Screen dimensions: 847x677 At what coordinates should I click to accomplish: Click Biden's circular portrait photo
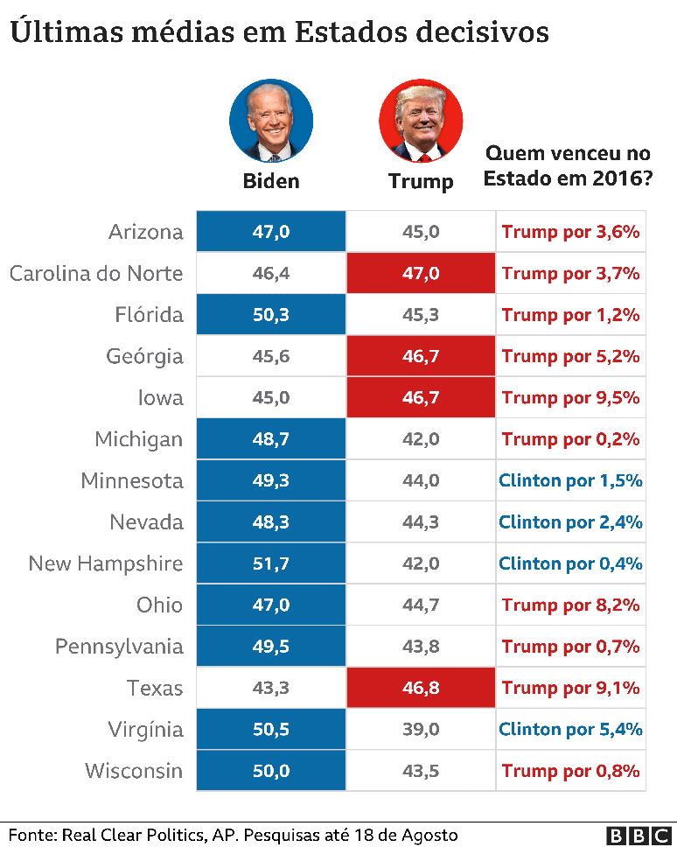(x=271, y=121)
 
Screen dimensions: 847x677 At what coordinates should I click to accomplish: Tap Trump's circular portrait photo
(x=421, y=121)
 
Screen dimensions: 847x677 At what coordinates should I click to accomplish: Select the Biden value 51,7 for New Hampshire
(x=271, y=563)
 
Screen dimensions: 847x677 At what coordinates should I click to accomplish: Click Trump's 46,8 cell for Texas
(x=421, y=688)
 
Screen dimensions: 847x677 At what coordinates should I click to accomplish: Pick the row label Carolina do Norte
(x=96, y=273)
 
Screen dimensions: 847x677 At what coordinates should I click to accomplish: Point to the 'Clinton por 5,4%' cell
(x=571, y=729)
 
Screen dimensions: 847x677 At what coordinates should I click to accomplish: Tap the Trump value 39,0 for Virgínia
(x=421, y=729)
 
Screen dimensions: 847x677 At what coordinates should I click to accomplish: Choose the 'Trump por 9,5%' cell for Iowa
(x=571, y=397)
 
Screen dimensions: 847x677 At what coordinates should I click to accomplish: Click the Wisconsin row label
(x=134, y=771)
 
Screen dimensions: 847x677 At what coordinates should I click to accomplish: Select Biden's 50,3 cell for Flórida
(x=271, y=315)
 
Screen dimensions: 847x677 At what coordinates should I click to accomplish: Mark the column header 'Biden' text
(x=271, y=181)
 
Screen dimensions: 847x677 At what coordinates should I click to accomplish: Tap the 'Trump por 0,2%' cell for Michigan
(x=571, y=439)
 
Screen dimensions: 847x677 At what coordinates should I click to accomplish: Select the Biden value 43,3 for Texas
(x=271, y=688)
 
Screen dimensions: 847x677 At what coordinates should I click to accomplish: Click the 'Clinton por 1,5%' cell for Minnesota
(x=571, y=480)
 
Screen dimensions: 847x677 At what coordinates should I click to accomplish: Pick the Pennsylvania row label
(x=119, y=647)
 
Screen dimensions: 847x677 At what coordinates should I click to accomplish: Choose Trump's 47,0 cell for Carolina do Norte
(x=421, y=273)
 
